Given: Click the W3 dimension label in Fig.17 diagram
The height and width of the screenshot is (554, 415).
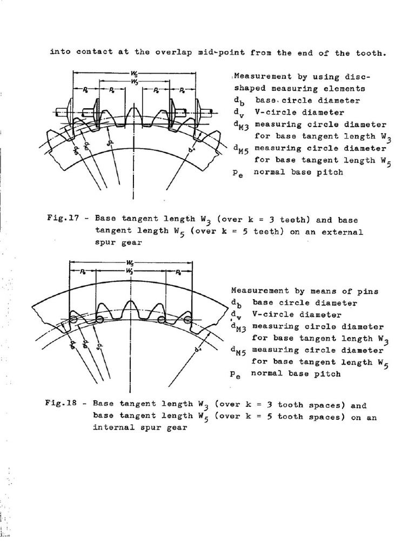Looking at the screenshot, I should click(133, 81).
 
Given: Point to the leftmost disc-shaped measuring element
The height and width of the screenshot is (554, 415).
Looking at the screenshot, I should click(70, 113).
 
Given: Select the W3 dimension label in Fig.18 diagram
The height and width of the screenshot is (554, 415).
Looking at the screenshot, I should click(130, 270).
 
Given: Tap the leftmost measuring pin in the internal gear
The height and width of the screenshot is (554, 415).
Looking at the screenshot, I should click(73, 321).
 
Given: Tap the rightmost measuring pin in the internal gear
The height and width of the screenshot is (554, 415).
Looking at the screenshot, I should click(188, 320).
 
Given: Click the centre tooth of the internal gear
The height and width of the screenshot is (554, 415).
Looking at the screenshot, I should click(130, 311).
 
